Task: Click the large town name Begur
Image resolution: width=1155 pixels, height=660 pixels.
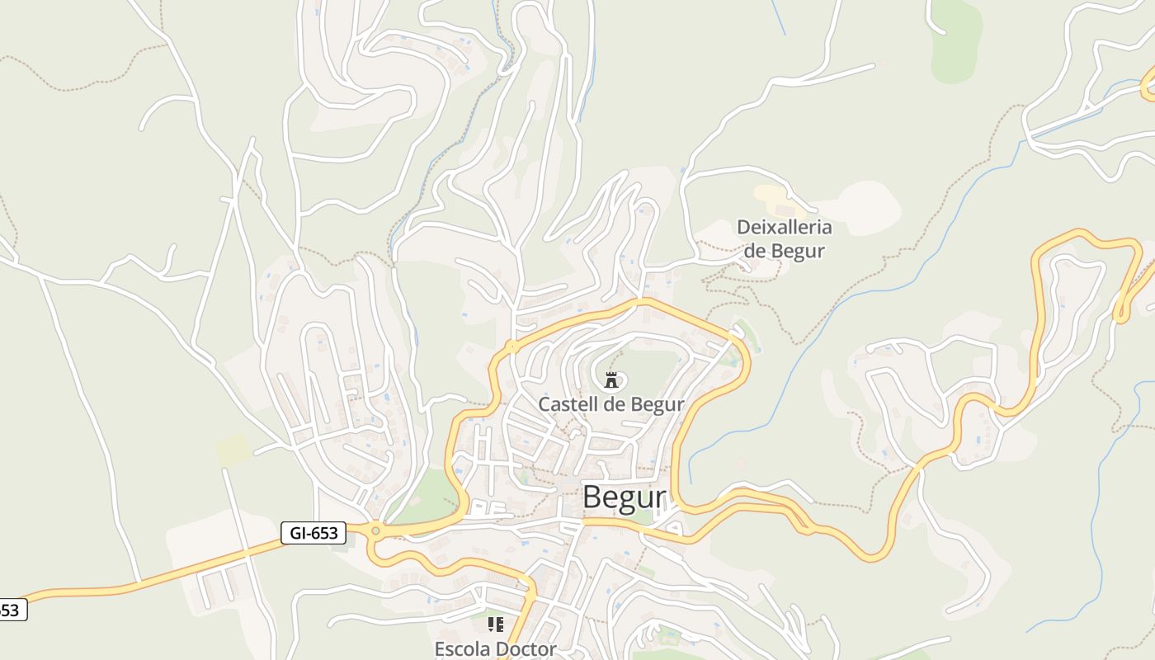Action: tap(624, 497)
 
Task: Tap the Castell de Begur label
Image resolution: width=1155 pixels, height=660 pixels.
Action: tap(610, 404)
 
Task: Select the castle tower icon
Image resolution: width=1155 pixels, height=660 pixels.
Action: tap(611, 380)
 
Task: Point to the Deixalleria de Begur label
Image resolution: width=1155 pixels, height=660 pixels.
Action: tap(784, 238)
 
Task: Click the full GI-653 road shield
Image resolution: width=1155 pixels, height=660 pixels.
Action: tap(313, 533)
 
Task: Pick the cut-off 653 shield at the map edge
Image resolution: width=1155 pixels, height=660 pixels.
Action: tap(12, 610)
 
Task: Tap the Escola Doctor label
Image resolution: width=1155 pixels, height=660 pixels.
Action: tap(496, 649)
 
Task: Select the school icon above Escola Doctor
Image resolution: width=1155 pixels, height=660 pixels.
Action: tap(495, 625)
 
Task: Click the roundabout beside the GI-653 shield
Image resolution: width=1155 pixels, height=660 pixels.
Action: tap(376, 531)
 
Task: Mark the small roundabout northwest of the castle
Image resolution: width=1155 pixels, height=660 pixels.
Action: tap(512, 346)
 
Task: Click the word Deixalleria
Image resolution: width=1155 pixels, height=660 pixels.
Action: tap(784, 227)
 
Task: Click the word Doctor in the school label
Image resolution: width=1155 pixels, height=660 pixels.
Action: tap(523, 649)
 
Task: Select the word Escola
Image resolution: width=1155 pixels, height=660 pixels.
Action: tap(461, 649)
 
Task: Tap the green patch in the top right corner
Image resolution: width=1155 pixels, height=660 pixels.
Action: tap(957, 41)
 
